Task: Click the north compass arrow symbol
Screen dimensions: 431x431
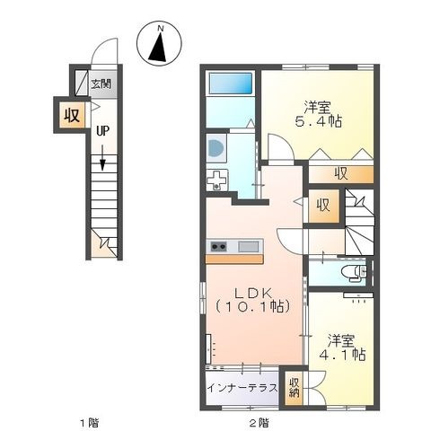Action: tap(158, 47)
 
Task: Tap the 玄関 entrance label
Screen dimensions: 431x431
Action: tap(101, 84)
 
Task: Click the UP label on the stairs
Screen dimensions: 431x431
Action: tap(102, 131)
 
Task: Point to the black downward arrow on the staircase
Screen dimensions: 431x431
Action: tap(102, 158)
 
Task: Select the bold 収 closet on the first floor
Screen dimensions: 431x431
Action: tap(72, 115)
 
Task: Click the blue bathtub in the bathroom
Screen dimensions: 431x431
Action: tap(230, 84)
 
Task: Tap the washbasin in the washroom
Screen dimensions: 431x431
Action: tap(216, 148)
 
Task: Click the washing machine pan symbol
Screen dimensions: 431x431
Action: tap(217, 180)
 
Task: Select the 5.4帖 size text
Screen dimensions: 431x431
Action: tap(319, 121)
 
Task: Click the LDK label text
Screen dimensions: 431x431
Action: tap(253, 294)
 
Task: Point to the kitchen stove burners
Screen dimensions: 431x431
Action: tap(218, 247)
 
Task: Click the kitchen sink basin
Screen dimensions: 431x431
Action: tap(249, 247)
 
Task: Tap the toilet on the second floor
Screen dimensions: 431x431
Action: tap(355, 272)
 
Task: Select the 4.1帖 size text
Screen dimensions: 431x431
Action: tap(342, 355)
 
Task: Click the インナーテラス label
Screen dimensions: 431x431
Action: tap(242, 388)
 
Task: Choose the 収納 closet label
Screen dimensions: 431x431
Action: tap(294, 388)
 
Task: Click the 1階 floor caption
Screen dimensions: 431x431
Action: tap(89, 423)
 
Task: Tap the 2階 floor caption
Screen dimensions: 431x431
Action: tap(259, 423)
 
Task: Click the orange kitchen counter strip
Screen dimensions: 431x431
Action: tap(234, 259)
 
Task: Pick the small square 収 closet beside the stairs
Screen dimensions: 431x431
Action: tap(323, 206)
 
